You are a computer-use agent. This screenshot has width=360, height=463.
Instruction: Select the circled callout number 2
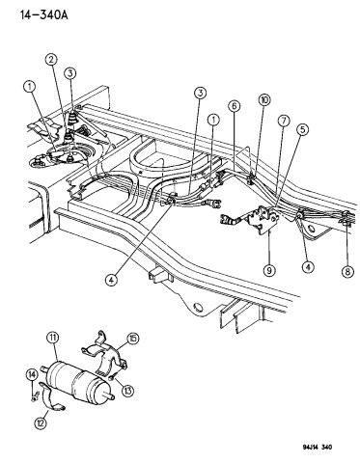coord(49,60)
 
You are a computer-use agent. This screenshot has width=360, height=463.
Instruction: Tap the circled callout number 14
coord(32,373)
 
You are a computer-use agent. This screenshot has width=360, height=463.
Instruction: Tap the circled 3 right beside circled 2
coord(70,73)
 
